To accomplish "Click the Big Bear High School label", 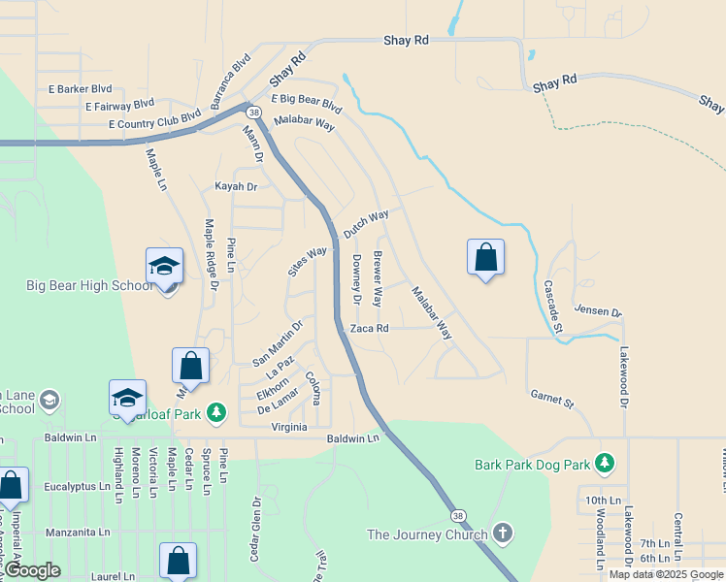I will [87, 285].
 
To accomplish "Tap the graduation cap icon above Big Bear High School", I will [164, 266].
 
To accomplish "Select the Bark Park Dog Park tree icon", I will [606, 463].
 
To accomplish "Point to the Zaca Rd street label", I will [370, 329].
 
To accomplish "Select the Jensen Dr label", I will [597, 311].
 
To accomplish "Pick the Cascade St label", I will [552, 306].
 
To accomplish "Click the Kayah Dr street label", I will [236, 186].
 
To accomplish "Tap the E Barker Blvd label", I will [81, 89].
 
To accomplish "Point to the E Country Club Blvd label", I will [154, 119].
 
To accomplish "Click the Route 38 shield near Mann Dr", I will [254, 113].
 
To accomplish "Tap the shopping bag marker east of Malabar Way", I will [485, 258].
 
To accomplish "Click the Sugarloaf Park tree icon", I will [216, 414].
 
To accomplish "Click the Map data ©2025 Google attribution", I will [666, 574].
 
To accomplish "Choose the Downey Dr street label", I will [357, 280].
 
